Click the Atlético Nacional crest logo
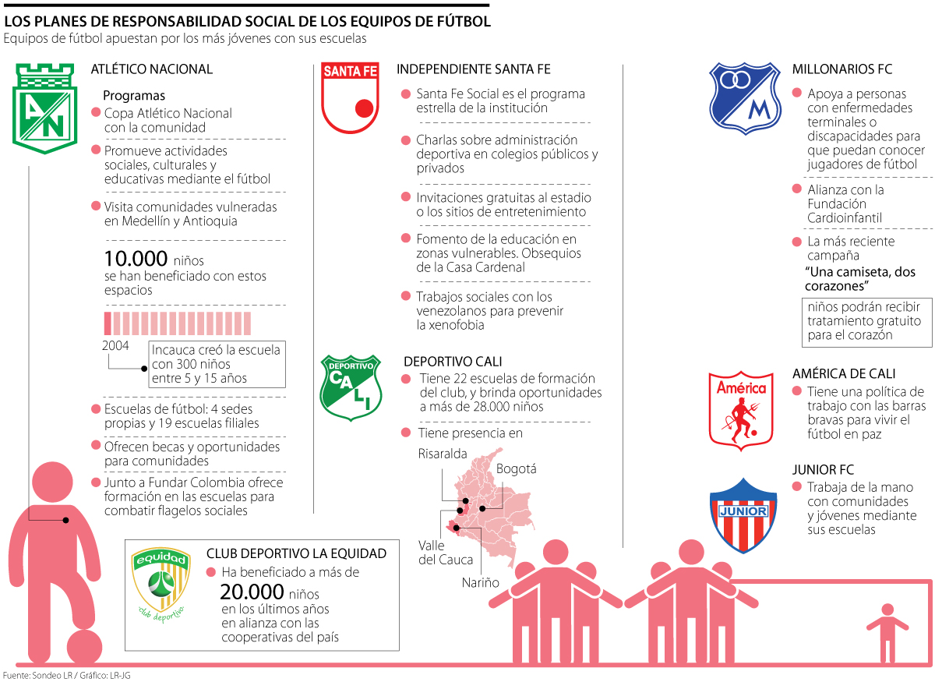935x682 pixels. [x=44, y=108]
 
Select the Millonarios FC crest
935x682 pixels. [x=744, y=98]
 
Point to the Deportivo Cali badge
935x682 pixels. [x=351, y=387]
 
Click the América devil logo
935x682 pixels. [x=741, y=410]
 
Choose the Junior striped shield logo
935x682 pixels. [x=743, y=515]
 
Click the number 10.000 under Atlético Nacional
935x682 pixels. [x=136, y=259]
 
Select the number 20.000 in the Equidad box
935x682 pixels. [x=251, y=592]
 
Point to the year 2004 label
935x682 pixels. [x=116, y=345]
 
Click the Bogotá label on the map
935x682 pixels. [x=516, y=469]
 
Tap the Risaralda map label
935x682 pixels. [x=442, y=453]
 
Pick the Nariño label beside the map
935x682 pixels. [x=480, y=582]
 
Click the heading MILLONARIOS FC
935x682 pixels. [x=841, y=69]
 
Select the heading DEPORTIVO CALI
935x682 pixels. [x=452, y=362]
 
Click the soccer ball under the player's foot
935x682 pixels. [x=83, y=647]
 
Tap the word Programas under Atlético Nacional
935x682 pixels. [x=134, y=96]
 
